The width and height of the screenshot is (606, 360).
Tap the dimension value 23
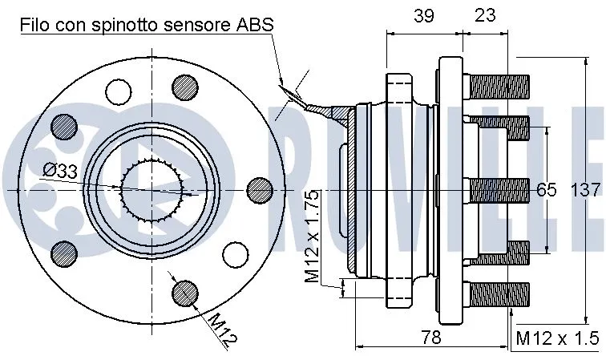click(x=485, y=14)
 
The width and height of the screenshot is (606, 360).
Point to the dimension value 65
click(x=546, y=190)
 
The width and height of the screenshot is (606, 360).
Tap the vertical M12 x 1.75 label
click(x=313, y=238)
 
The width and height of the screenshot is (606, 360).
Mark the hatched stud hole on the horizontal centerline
click(x=260, y=189)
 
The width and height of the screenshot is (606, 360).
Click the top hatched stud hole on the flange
click(x=185, y=86)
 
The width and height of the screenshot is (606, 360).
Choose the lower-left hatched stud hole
click(x=63, y=253)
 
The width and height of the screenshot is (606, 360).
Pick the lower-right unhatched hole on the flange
click(x=233, y=254)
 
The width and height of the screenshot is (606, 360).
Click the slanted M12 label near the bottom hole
click(x=222, y=330)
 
